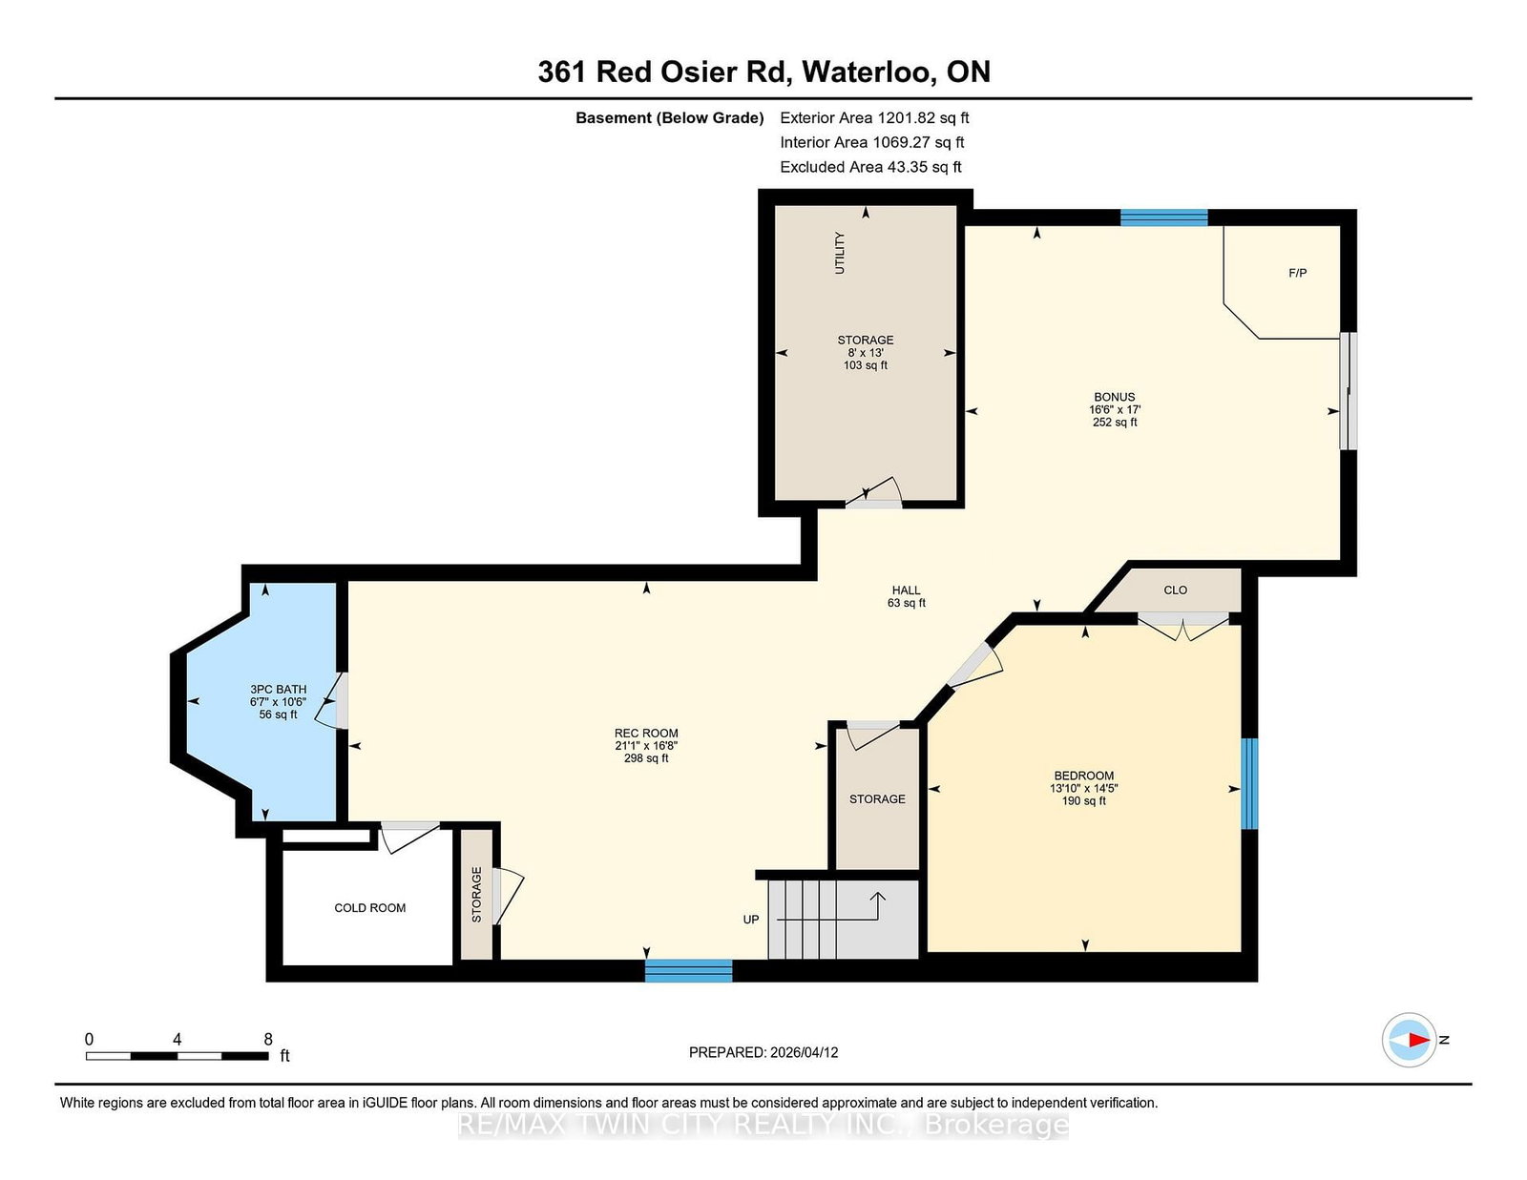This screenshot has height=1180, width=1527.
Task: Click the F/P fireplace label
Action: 1297,273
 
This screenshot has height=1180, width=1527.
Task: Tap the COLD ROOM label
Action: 369,908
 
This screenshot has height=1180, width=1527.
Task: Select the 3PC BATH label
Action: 278,689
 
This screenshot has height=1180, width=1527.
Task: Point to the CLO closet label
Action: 1175,590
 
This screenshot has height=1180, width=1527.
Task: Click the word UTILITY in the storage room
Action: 840,253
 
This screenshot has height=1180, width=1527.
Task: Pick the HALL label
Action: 906,590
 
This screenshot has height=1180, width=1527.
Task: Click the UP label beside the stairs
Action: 751,920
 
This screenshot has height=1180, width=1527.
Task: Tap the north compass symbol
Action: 1410,1040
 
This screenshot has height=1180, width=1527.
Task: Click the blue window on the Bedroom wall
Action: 1248,783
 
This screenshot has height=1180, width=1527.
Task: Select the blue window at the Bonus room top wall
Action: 1163,217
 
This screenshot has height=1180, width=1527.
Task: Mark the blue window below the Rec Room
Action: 688,971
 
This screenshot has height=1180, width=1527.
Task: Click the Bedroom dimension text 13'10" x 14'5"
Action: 1083,789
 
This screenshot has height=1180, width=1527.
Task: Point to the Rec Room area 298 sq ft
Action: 646,758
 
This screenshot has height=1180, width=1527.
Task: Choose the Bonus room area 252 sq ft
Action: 1115,422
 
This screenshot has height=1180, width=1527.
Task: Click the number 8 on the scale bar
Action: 268,1039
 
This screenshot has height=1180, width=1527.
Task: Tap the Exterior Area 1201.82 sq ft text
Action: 874,118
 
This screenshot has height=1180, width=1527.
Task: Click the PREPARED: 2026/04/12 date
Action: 763,1052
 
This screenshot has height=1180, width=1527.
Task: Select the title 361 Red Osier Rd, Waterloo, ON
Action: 763,72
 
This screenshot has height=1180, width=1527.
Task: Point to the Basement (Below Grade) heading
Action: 669,118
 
